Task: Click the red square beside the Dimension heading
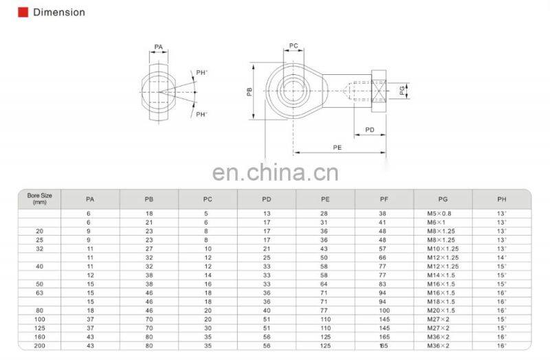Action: click(x=23, y=12)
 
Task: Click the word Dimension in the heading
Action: click(x=59, y=12)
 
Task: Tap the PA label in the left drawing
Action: click(x=159, y=47)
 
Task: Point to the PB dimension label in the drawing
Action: click(x=250, y=93)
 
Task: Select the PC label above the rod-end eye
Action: click(x=294, y=46)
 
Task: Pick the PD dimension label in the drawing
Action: click(x=369, y=129)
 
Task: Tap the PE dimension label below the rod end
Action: click(x=337, y=147)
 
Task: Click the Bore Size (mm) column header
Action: click(x=39, y=199)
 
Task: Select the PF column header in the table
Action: click(x=384, y=199)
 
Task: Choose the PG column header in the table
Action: click(x=442, y=199)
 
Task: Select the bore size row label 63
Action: click(x=39, y=292)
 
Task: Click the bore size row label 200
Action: click(x=39, y=345)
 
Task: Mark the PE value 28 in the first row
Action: click(x=324, y=214)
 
